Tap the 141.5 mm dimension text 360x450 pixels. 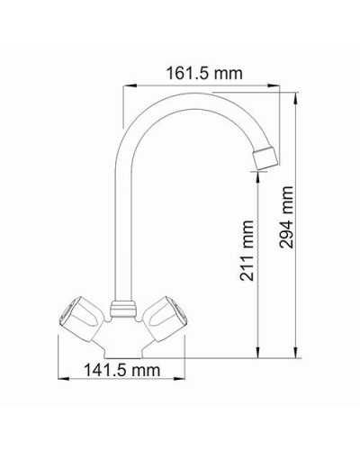click(119, 370)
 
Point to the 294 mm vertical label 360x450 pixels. click(287, 220)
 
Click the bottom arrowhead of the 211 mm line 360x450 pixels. click(259, 346)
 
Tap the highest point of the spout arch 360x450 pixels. click(184, 94)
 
